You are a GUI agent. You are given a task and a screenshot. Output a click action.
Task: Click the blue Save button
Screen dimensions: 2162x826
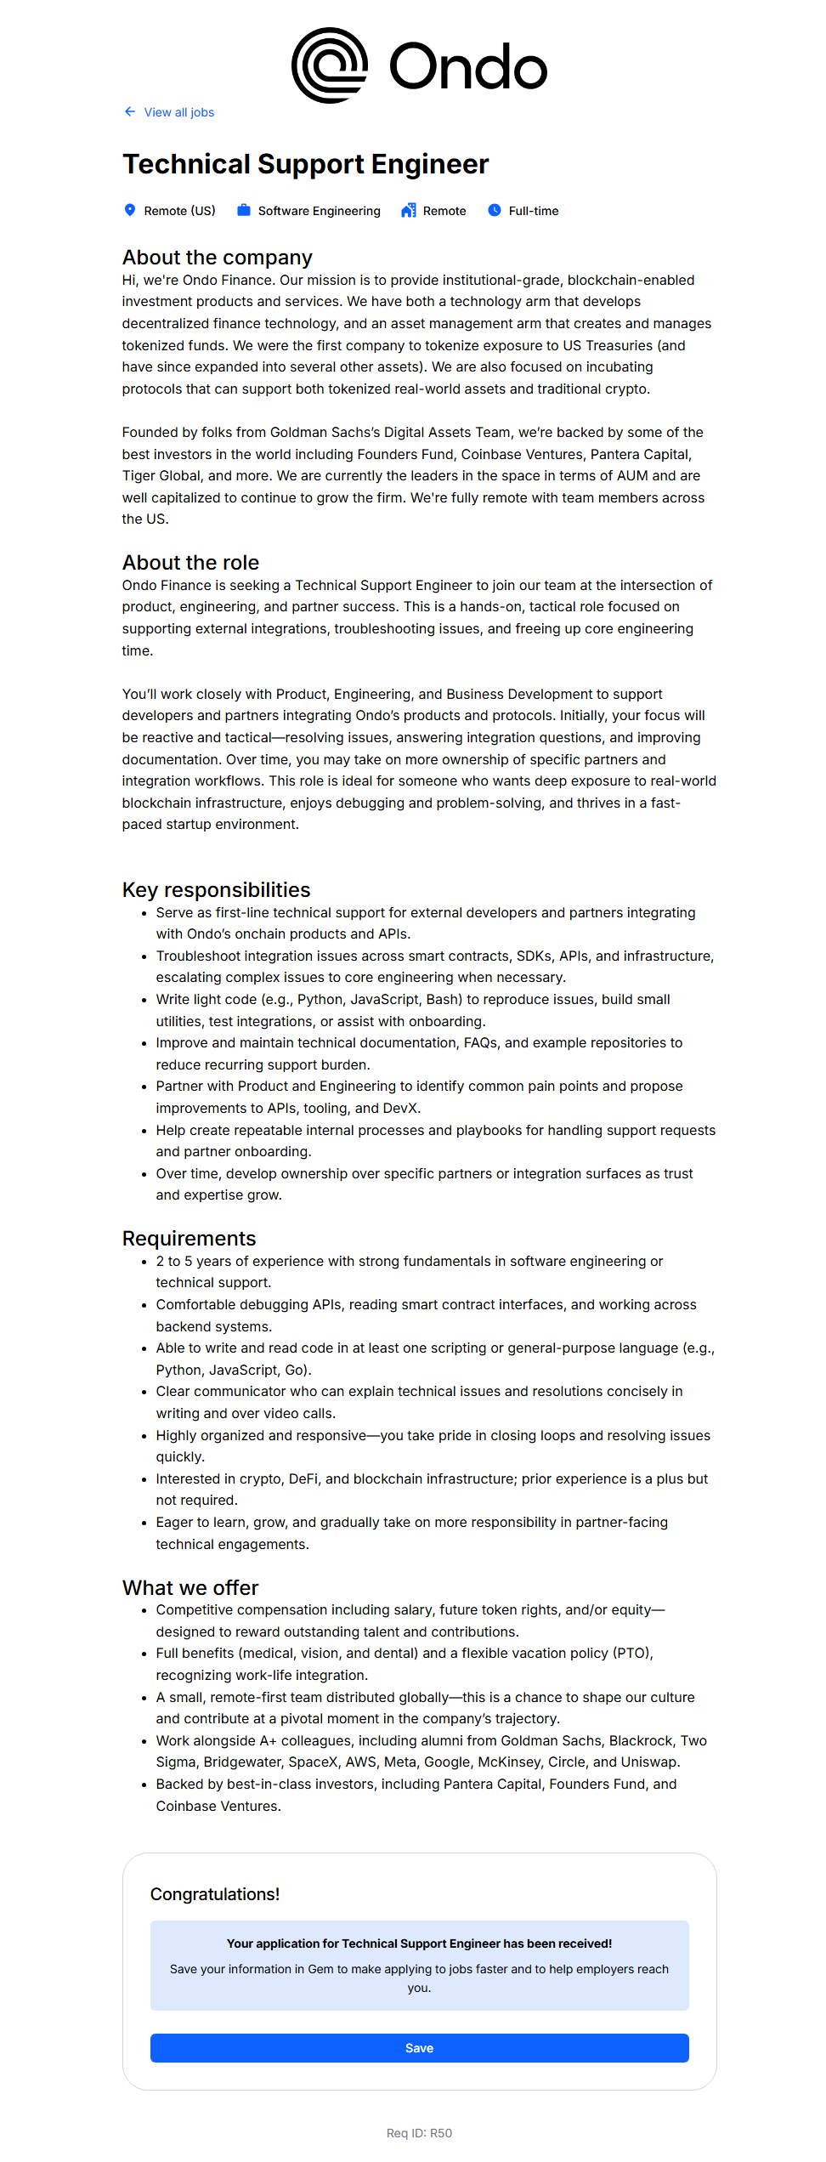[419, 2048]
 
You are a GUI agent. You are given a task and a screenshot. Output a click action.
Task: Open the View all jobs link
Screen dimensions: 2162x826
[178, 112]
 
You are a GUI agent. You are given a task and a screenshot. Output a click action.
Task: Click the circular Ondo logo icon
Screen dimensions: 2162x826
[330, 65]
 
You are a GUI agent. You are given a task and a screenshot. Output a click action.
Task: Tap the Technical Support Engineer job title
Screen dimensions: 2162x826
[305, 164]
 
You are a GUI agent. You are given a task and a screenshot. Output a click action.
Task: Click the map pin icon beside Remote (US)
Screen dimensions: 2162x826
[130, 210]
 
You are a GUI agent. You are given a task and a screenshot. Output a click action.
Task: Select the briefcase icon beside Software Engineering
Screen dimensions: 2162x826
[244, 210]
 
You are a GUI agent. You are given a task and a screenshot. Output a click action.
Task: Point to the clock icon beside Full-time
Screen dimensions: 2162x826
[495, 210]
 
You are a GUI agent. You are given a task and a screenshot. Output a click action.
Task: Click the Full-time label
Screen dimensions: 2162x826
[534, 211]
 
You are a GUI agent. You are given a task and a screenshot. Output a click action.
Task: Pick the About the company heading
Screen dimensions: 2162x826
[218, 258]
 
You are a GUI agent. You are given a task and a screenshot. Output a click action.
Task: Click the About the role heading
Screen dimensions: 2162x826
[190, 563]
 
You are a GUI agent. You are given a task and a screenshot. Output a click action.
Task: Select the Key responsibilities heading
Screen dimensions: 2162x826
[216, 890]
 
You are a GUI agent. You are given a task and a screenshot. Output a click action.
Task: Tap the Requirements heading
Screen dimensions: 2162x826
[189, 1239]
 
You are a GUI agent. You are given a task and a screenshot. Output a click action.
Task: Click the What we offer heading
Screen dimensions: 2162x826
[190, 1588]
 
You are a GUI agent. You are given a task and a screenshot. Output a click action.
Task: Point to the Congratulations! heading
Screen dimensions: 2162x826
[215, 1894]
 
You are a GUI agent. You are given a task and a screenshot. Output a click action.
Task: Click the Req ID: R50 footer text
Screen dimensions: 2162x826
[419, 2133]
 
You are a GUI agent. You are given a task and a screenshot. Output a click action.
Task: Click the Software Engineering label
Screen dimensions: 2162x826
[319, 211]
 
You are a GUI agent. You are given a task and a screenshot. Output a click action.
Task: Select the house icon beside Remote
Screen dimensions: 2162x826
[409, 210]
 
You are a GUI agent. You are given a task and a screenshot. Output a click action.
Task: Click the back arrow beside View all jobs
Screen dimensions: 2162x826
[130, 111]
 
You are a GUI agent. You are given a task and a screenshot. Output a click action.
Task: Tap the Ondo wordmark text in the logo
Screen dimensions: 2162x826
[468, 67]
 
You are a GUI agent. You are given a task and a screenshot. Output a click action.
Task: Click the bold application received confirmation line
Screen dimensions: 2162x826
[419, 1944]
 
